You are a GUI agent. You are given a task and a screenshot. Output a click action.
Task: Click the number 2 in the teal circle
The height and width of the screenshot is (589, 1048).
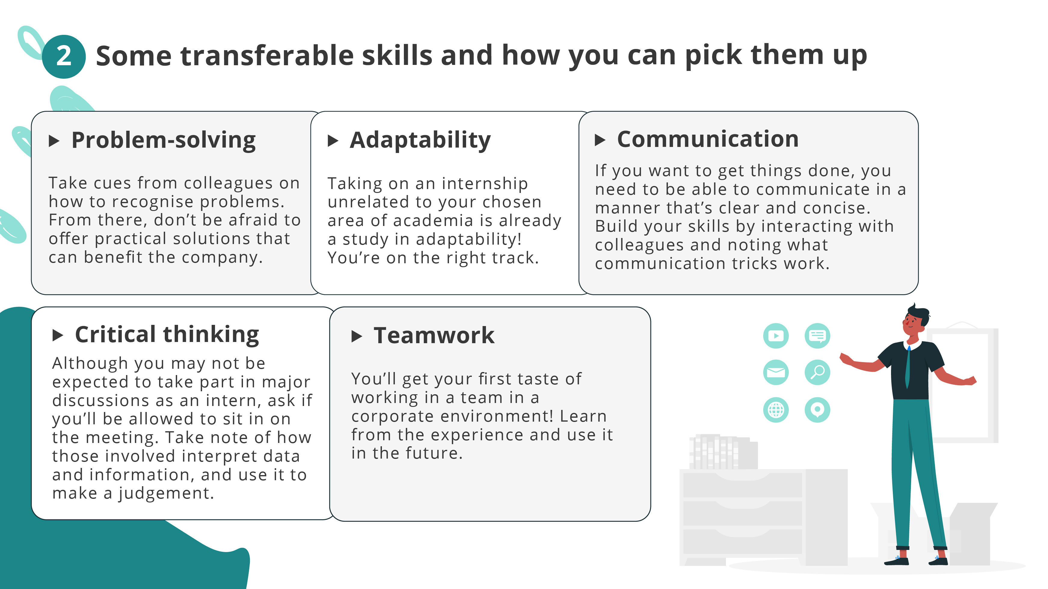click(63, 56)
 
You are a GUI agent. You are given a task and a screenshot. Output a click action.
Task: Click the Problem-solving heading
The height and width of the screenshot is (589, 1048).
click(163, 140)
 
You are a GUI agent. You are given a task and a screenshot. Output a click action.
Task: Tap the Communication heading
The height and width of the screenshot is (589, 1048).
click(708, 139)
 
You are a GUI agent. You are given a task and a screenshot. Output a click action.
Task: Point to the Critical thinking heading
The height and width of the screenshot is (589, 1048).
click(167, 334)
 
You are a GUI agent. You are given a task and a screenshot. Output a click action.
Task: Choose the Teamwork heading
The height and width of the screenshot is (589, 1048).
click(434, 336)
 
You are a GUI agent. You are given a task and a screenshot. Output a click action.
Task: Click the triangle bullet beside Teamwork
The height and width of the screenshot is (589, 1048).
click(356, 336)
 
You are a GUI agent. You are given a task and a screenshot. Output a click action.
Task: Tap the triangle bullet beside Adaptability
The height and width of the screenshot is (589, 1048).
click(333, 141)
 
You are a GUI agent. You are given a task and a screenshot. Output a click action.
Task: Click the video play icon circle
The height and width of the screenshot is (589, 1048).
click(776, 336)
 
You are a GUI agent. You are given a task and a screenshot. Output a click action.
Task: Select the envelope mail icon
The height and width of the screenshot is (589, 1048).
click(776, 372)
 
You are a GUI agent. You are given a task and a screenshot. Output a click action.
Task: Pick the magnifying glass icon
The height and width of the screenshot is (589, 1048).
click(817, 372)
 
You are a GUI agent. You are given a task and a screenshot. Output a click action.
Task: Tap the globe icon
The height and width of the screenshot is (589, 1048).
click(776, 410)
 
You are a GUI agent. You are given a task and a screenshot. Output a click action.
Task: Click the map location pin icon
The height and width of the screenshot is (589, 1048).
click(817, 410)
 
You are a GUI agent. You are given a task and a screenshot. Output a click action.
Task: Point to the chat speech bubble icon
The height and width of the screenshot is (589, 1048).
click(817, 336)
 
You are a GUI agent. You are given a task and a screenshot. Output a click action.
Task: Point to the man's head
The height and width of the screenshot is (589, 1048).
click(915, 319)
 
